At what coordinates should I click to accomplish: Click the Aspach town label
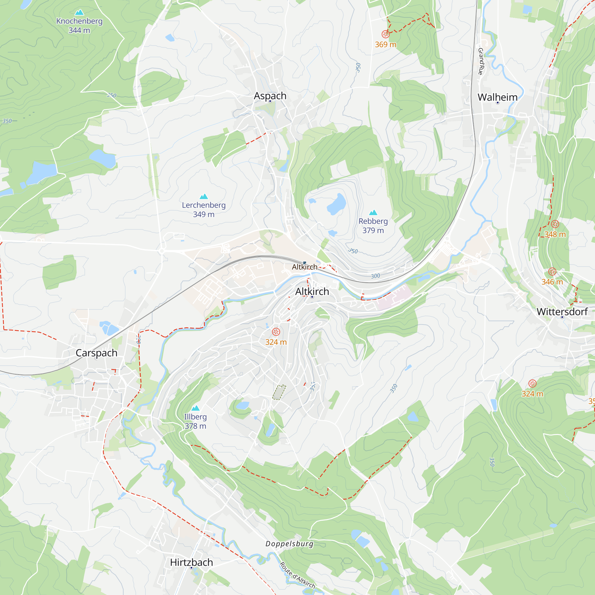270,96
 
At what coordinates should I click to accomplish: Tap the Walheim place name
497,97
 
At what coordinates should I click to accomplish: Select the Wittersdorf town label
562,312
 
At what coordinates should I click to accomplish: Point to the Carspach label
96,353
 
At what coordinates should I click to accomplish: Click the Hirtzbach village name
191,562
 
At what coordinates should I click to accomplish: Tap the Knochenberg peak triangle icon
79,12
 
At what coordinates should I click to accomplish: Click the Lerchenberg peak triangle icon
203,196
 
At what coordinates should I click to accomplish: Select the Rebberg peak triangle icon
373,212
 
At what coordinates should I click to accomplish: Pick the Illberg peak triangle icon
195,408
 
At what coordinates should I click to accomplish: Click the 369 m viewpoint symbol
385,34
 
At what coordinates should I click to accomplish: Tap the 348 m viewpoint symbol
555,224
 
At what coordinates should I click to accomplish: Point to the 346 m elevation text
552,282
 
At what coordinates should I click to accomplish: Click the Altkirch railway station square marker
305,263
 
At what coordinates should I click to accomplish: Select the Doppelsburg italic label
289,544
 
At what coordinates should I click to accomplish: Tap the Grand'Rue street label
481,61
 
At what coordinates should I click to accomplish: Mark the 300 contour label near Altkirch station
375,276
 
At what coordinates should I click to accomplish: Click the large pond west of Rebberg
336,204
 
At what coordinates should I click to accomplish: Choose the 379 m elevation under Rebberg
373,230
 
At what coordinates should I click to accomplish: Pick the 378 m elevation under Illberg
195,426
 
